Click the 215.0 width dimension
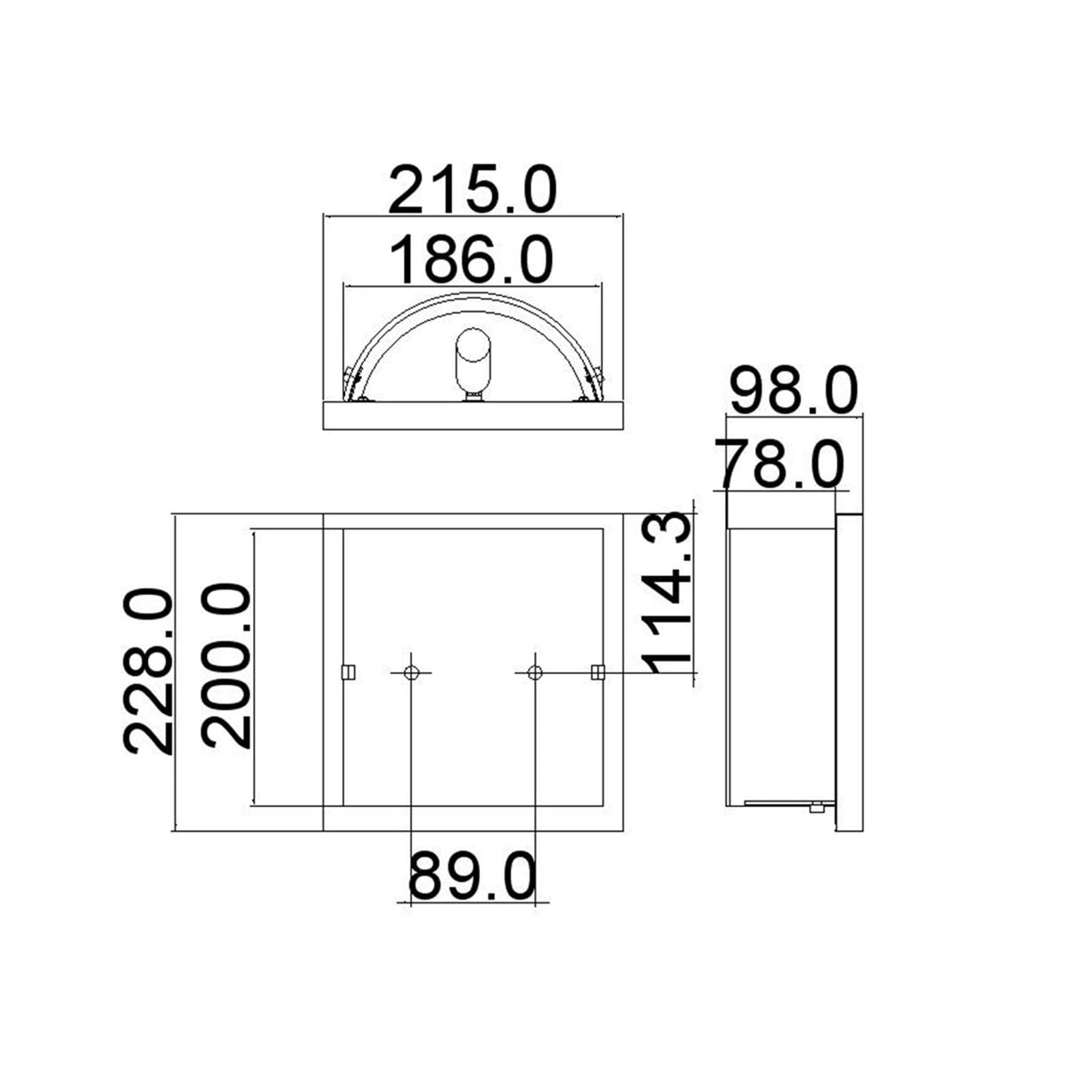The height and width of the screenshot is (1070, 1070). pyautogui.click(x=473, y=189)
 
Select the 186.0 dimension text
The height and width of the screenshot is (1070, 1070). pyautogui.click(x=473, y=258)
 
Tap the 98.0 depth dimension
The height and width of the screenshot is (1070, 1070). pyautogui.click(x=794, y=391)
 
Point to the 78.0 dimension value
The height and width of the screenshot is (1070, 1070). pyautogui.click(x=778, y=465)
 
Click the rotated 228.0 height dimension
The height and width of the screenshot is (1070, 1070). pyautogui.click(x=147, y=671)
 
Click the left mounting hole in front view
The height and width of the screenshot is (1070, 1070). pyautogui.click(x=411, y=671)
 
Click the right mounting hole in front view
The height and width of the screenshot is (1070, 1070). pyautogui.click(x=534, y=671)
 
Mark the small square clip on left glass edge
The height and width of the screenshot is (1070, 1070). pyautogui.click(x=350, y=671)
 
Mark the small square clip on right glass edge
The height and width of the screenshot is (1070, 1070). pyautogui.click(x=597, y=671)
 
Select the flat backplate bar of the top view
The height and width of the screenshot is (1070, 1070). pyautogui.click(x=473, y=416)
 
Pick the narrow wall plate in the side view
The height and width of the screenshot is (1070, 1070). pyautogui.click(x=849, y=673)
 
